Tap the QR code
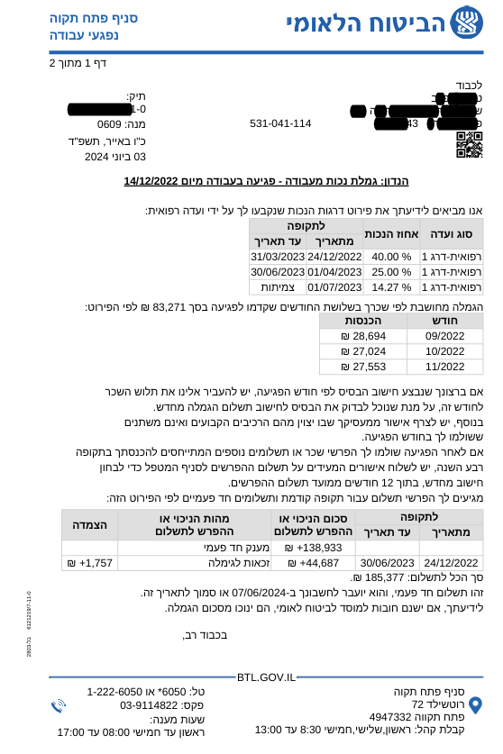point(469,145)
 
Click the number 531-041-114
point(280,123)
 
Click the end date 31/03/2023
point(278,256)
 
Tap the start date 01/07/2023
point(334,287)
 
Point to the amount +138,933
point(313,547)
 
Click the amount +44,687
point(313,563)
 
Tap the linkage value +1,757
point(89,563)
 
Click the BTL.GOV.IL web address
point(266,677)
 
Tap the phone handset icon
point(59,705)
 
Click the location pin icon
point(475,704)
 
